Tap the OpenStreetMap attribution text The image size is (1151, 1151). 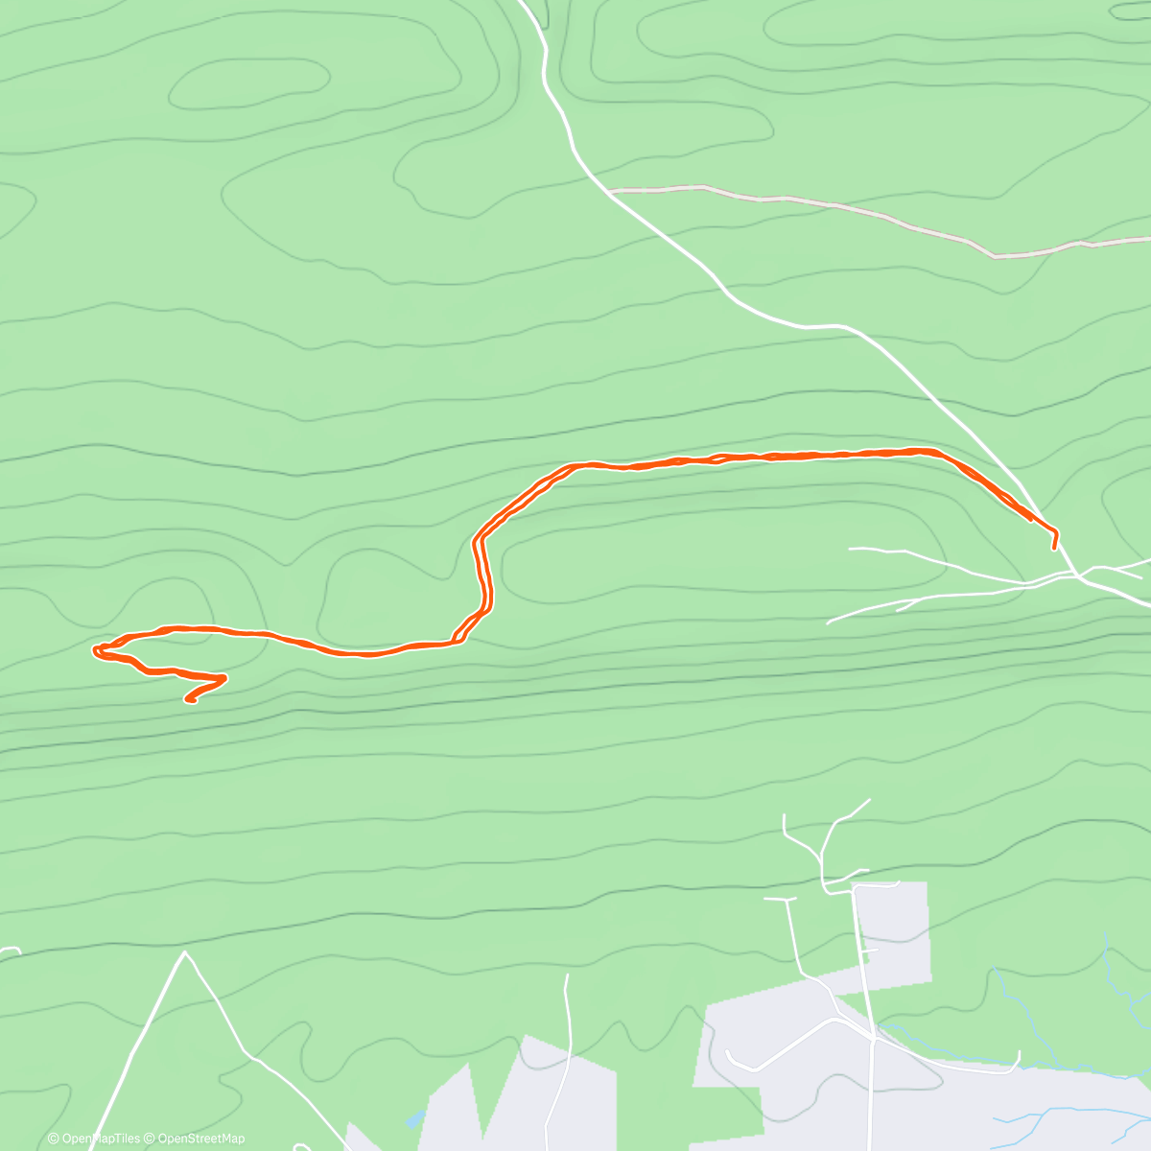pos(201,1139)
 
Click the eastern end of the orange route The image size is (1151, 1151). pos(1054,548)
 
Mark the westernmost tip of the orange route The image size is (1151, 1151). pos(94,651)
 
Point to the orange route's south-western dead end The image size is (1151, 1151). pos(189,700)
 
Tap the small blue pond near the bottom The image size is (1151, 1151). pos(414,1119)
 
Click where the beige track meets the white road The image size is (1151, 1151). pos(609,191)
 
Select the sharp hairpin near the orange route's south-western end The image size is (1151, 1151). pos(223,678)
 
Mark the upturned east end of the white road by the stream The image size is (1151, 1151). pos(1018,1055)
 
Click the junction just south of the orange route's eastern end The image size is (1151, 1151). pos(1078,575)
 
